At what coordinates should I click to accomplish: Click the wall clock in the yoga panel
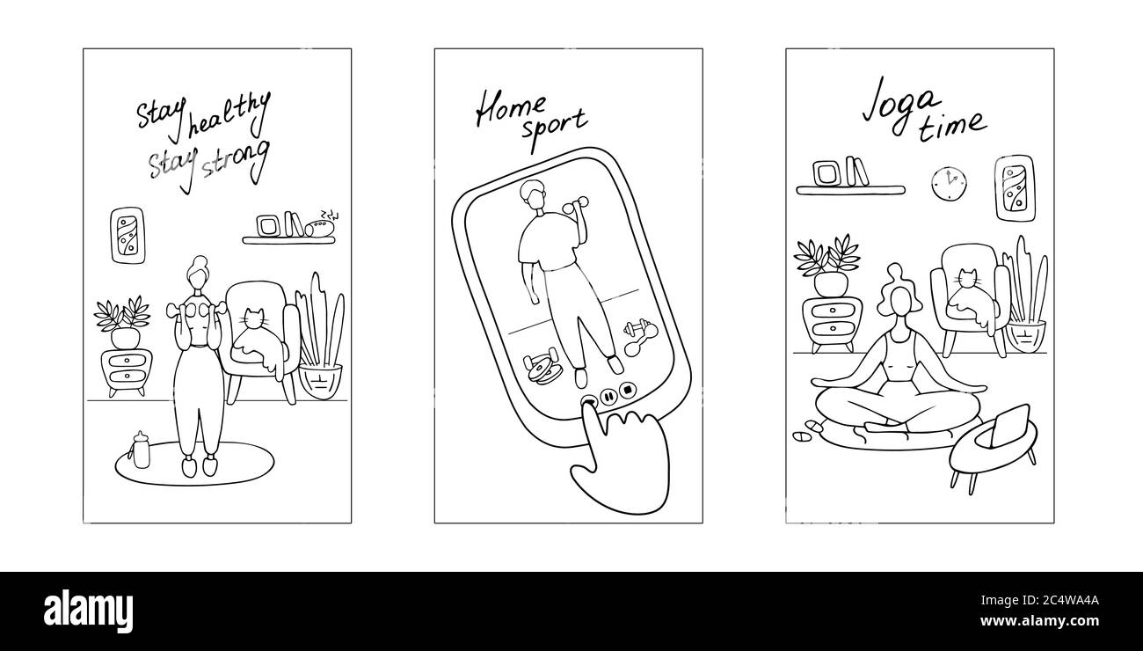click(x=949, y=184)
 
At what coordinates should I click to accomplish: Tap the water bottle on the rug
click(x=141, y=450)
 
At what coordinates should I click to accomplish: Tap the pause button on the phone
click(x=608, y=396)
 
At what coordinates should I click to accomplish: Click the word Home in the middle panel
click(x=510, y=109)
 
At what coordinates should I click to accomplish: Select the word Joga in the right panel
click(x=900, y=106)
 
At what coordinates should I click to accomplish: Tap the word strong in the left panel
click(x=236, y=160)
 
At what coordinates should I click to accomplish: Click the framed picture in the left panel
click(x=127, y=236)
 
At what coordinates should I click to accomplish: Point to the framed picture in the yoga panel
click(x=1015, y=188)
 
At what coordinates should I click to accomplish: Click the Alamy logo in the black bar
click(x=88, y=611)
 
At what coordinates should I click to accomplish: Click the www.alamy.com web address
click(x=1039, y=621)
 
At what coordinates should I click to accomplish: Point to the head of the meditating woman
click(x=899, y=297)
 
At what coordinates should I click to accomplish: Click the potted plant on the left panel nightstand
click(x=122, y=322)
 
